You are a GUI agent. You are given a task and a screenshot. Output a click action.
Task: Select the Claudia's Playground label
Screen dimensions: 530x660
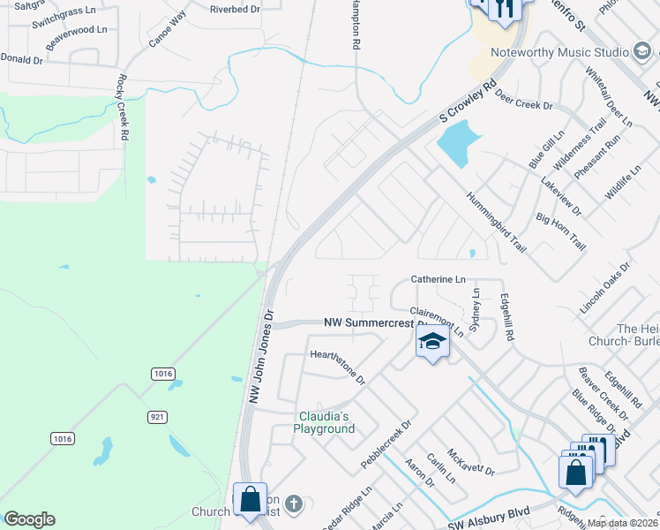click(x=324, y=422)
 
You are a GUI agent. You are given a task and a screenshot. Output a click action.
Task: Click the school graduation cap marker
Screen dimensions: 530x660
click(x=432, y=341)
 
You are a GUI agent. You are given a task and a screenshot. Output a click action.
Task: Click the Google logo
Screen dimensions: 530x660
click(x=29, y=519)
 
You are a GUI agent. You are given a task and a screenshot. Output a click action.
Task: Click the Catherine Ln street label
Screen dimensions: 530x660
click(x=438, y=279)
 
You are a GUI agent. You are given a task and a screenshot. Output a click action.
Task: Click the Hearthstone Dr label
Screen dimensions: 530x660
click(x=338, y=366)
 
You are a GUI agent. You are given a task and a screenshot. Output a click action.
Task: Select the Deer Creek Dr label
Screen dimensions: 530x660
click(x=523, y=99)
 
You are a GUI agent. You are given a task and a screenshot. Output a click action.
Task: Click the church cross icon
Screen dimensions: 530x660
click(x=294, y=504)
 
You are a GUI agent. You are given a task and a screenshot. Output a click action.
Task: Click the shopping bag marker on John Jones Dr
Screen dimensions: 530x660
click(x=251, y=499)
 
